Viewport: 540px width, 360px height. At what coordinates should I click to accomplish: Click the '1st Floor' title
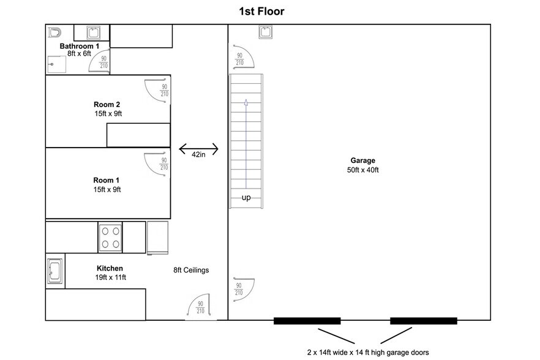pos(261,11)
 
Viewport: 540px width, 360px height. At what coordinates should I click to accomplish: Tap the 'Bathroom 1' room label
pos(79,46)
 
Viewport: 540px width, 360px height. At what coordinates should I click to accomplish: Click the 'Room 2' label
pos(107,104)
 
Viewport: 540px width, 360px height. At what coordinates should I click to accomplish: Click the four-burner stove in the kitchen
pos(111,238)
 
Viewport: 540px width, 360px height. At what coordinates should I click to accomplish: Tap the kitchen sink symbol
pos(54,271)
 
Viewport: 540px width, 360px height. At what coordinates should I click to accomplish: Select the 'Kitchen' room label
pos(110,268)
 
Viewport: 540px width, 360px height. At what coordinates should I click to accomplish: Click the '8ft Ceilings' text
pos(192,270)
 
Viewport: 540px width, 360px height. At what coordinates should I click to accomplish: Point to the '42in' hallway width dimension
pos(198,154)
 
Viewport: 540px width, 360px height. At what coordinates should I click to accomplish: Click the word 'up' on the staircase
pos(246,197)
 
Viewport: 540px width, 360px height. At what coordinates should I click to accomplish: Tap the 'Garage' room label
pos(363,160)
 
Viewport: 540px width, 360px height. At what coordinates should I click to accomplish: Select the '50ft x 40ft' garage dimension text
pos(363,170)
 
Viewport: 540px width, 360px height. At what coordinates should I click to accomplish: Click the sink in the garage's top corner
pos(266,31)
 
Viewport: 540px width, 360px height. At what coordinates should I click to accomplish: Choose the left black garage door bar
pos(307,320)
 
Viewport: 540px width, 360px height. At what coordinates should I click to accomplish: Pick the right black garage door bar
pos(424,320)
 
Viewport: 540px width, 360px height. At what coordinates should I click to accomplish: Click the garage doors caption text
pos(367,352)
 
